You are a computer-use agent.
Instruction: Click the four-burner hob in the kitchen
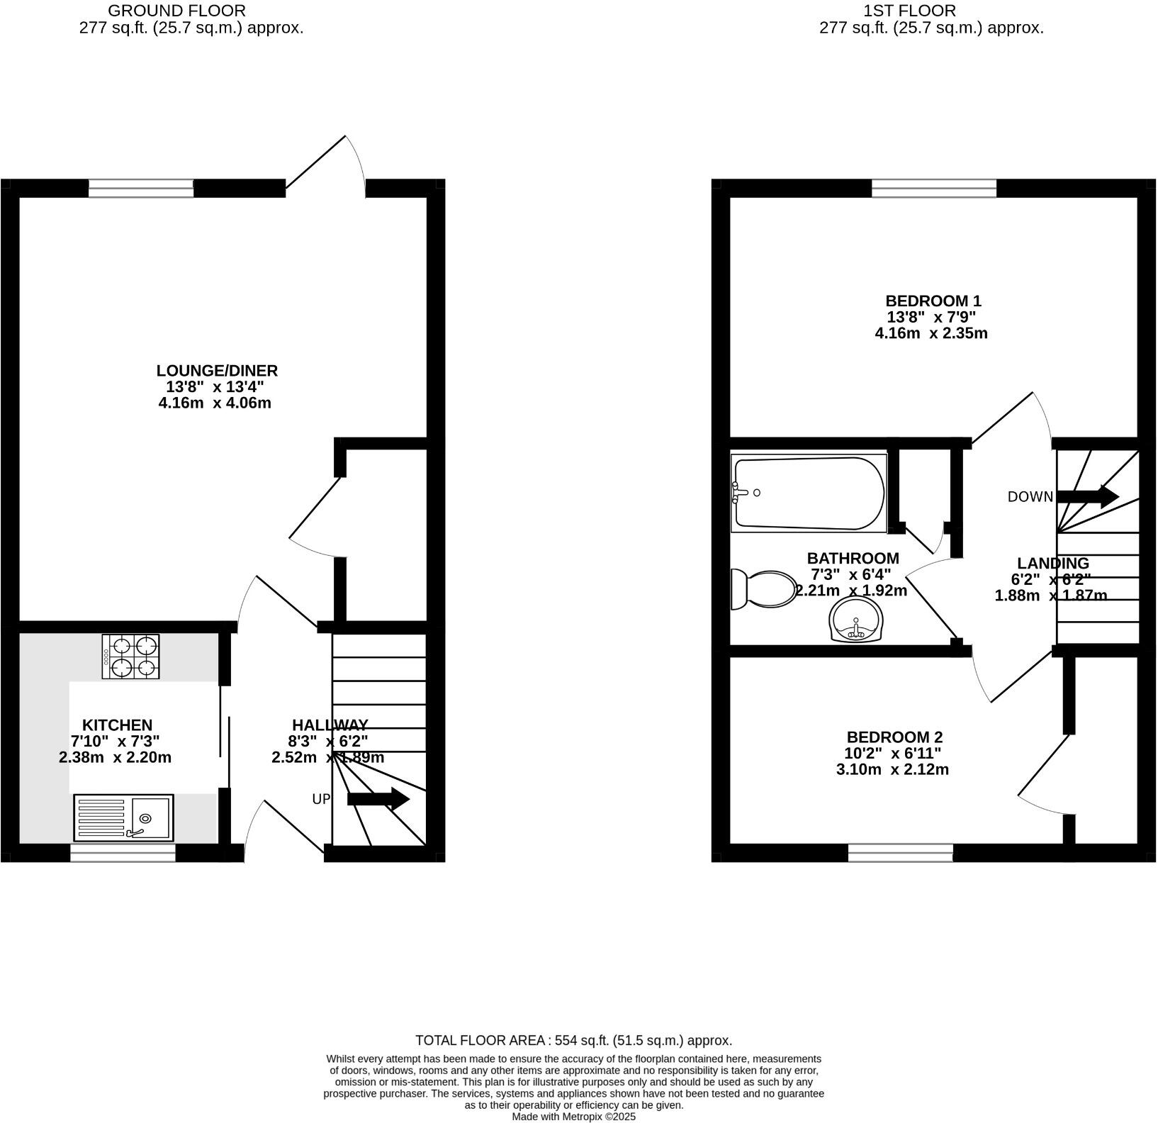pyautogui.click(x=131, y=657)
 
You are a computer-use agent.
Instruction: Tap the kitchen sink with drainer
pyautogui.click(x=123, y=817)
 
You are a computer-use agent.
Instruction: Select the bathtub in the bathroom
pyautogui.click(x=809, y=493)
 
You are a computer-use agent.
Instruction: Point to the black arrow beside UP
pyautogui.click(x=378, y=800)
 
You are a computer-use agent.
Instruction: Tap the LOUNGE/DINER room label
pyautogui.click(x=217, y=371)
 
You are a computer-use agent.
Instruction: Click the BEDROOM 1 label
pyautogui.click(x=933, y=301)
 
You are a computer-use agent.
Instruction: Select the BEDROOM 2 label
pyautogui.click(x=894, y=737)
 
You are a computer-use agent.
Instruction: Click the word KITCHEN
pyautogui.click(x=117, y=725)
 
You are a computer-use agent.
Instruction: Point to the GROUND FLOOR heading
pyautogui.click(x=176, y=11)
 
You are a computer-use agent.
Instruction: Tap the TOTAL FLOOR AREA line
pyautogui.click(x=573, y=1041)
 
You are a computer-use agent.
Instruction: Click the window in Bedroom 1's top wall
pyautogui.click(x=933, y=188)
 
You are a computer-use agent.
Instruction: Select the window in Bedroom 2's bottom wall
pyautogui.click(x=900, y=852)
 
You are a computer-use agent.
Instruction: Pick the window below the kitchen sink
pyautogui.click(x=123, y=852)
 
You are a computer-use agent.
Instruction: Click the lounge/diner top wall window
pyautogui.click(x=141, y=188)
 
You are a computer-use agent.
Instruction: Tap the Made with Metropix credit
pyautogui.click(x=574, y=1117)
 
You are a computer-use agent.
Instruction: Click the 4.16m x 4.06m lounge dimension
pyautogui.click(x=215, y=403)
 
